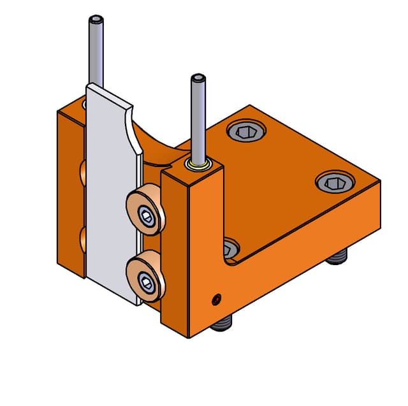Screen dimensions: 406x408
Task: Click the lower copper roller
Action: tap(145, 275)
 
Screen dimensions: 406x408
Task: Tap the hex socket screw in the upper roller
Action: tap(148, 216)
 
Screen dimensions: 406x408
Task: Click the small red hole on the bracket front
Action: tap(217, 298)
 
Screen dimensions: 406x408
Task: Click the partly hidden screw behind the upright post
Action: tap(231, 245)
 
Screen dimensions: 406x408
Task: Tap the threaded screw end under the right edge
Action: tap(337, 258)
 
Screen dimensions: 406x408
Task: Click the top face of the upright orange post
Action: tap(191, 171)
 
